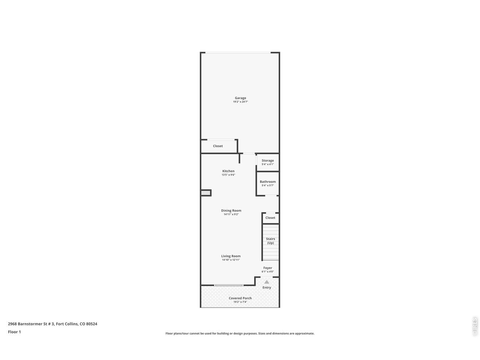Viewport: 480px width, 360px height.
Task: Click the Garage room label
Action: click(x=240, y=98)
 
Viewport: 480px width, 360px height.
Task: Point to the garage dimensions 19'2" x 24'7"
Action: click(x=240, y=102)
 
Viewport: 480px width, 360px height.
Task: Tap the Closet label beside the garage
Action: click(x=217, y=146)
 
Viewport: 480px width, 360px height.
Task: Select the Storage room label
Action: click(x=267, y=160)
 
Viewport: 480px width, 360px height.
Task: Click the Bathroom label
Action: click(x=267, y=181)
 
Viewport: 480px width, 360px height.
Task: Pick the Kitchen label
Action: click(x=228, y=171)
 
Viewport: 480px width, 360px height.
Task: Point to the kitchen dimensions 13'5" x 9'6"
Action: click(x=228, y=175)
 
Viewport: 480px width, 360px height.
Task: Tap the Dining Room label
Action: click(x=231, y=210)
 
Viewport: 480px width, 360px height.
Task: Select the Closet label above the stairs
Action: click(x=270, y=218)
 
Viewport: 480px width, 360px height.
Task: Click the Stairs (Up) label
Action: click(x=270, y=241)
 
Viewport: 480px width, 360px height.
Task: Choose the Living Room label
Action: click(x=231, y=256)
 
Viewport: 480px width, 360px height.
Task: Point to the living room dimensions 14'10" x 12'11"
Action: click(x=231, y=259)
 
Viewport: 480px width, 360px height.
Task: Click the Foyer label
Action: click(x=267, y=268)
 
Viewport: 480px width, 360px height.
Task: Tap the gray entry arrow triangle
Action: click(x=267, y=282)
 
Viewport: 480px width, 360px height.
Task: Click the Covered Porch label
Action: click(x=240, y=298)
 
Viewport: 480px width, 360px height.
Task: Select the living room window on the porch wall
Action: click(x=228, y=285)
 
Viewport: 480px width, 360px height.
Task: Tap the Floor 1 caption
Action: click(x=14, y=332)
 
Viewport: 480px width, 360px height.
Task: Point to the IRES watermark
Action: click(x=474, y=327)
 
